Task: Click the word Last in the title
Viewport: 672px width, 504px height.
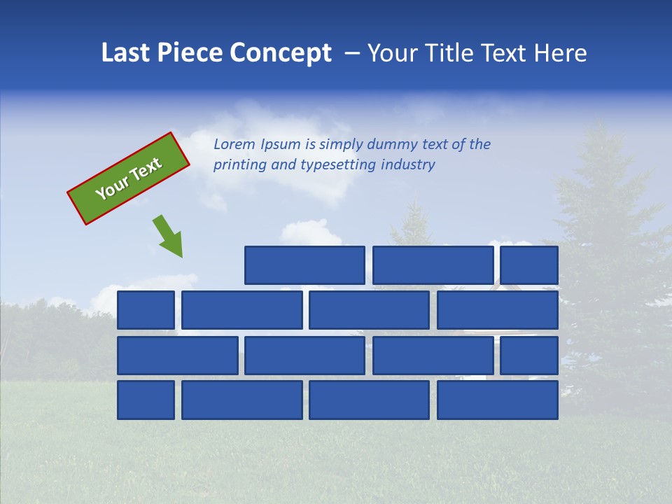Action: point(126,53)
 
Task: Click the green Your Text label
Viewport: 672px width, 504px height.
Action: point(129,178)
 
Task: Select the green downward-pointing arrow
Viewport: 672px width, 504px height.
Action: point(169,236)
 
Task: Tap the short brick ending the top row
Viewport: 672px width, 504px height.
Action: point(529,265)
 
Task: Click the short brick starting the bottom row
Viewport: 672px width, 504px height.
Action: point(146,400)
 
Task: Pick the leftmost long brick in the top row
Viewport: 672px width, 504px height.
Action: point(304,265)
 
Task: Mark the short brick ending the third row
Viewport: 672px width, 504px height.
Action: point(529,356)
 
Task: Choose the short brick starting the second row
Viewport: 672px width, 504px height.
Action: point(146,310)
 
